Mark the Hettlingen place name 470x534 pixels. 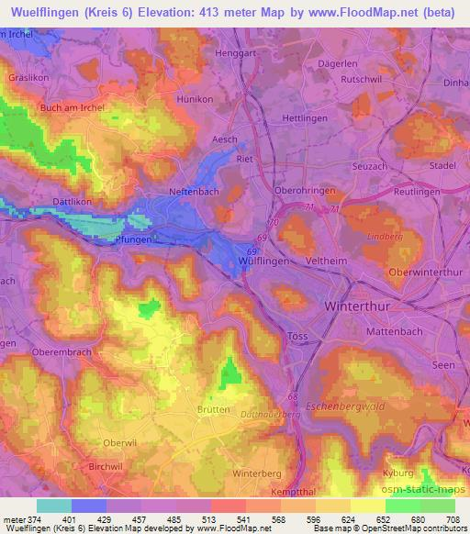tap(304, 118)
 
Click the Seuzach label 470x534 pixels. tap(370, 165)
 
